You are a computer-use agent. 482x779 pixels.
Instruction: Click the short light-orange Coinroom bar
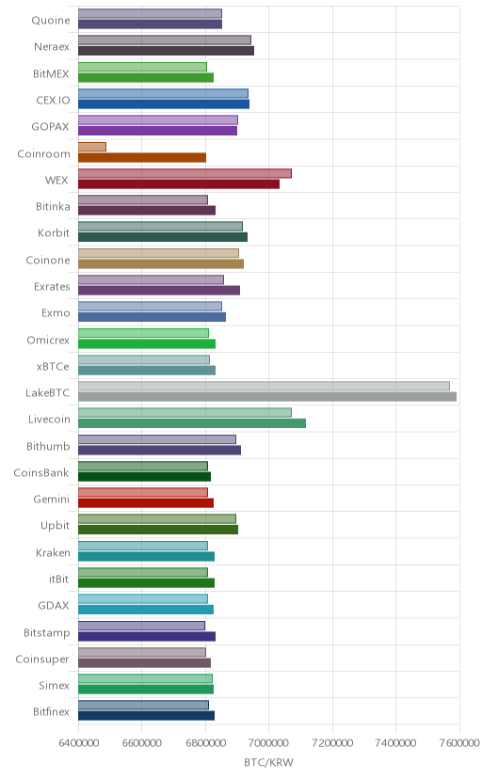click(92, 147)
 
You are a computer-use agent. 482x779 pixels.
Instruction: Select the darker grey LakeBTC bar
click(267, 396)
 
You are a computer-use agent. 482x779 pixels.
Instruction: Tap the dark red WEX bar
click(179, 183)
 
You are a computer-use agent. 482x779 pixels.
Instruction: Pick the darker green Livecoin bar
click(192, 422)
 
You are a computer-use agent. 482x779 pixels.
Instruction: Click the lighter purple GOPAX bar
click(158, 119)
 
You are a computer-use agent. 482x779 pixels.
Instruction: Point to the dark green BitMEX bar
click(146, 77)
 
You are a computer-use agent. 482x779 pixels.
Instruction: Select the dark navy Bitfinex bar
click(146, 715)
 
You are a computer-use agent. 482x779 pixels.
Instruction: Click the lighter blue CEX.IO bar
click(163, 93)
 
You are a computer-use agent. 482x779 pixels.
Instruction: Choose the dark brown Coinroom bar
click(142, 157)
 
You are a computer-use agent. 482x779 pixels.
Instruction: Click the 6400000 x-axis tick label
click(78, 742)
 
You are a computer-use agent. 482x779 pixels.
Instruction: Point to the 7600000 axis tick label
click(459, 742)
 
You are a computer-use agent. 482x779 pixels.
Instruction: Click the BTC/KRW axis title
click(269, 762)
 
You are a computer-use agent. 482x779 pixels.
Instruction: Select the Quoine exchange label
click(51, 20)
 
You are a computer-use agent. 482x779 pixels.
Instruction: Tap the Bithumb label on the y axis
click(48, 446)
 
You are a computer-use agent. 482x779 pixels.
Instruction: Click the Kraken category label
click(53, 552)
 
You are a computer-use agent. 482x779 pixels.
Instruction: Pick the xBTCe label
click(53, 366)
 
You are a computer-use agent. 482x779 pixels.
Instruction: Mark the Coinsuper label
click(42, 659)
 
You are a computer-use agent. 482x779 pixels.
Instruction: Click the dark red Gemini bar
click(146, 502)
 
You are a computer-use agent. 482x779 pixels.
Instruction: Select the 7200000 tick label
click(332, 742)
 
